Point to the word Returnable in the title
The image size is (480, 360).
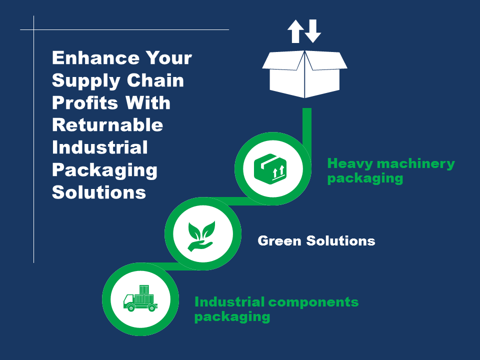107,125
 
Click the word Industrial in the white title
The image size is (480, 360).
100,147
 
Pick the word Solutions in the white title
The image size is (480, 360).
99,192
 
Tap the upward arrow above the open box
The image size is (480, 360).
295,31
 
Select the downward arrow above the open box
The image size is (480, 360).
313,31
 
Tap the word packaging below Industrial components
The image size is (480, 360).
232,316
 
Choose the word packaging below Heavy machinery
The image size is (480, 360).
365,178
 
